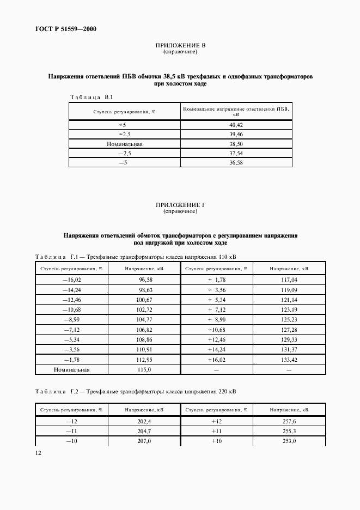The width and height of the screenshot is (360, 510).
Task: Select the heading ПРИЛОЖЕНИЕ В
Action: tap(180, 46)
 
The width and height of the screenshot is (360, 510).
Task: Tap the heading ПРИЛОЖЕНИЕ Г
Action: tap(180, 204)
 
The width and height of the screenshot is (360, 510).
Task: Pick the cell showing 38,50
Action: tap(236, 143)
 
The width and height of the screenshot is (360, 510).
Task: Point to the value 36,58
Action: tap(236, 163)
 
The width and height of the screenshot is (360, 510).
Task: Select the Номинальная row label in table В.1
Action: tap(124, 143)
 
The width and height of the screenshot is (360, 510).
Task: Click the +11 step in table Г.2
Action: tap(216, 432)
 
